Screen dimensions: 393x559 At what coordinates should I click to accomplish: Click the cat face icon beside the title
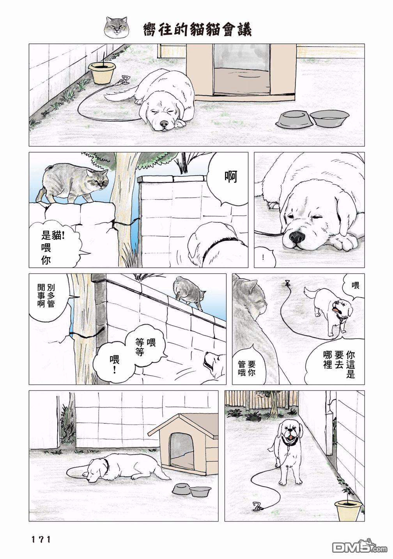[117, 28]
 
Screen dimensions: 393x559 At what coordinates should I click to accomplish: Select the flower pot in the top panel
[102, 73]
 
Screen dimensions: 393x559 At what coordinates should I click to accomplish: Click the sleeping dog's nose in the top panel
[164, 124]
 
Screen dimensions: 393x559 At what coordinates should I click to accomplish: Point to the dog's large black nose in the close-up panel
[297, 236]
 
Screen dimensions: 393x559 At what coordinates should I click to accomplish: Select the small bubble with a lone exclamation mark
[264, 257]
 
